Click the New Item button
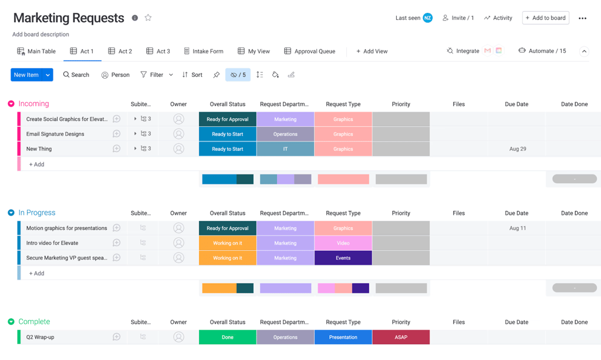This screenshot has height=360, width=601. pos(26,75)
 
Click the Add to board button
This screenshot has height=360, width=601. pos(545,18)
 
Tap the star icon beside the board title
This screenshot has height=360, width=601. pos(148,18)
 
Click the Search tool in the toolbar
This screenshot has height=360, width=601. pos(76,75)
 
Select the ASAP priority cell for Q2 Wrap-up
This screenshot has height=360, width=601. pos(401,337)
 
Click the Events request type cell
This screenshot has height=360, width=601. pos(343,258)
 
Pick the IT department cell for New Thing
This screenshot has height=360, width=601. pos(285,149)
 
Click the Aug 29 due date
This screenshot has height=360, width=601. pos(517,149)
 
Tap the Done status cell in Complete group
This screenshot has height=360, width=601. pos(228,337)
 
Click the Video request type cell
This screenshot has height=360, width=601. pos(343,243)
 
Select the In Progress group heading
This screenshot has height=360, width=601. pos(37,213)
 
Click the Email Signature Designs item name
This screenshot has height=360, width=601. pos(55,134)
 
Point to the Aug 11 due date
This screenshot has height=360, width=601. pos(517,228)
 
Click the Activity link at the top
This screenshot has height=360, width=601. pos(498,18)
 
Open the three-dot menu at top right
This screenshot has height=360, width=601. pos(582,18)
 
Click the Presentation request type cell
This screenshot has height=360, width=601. pos(343,337)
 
